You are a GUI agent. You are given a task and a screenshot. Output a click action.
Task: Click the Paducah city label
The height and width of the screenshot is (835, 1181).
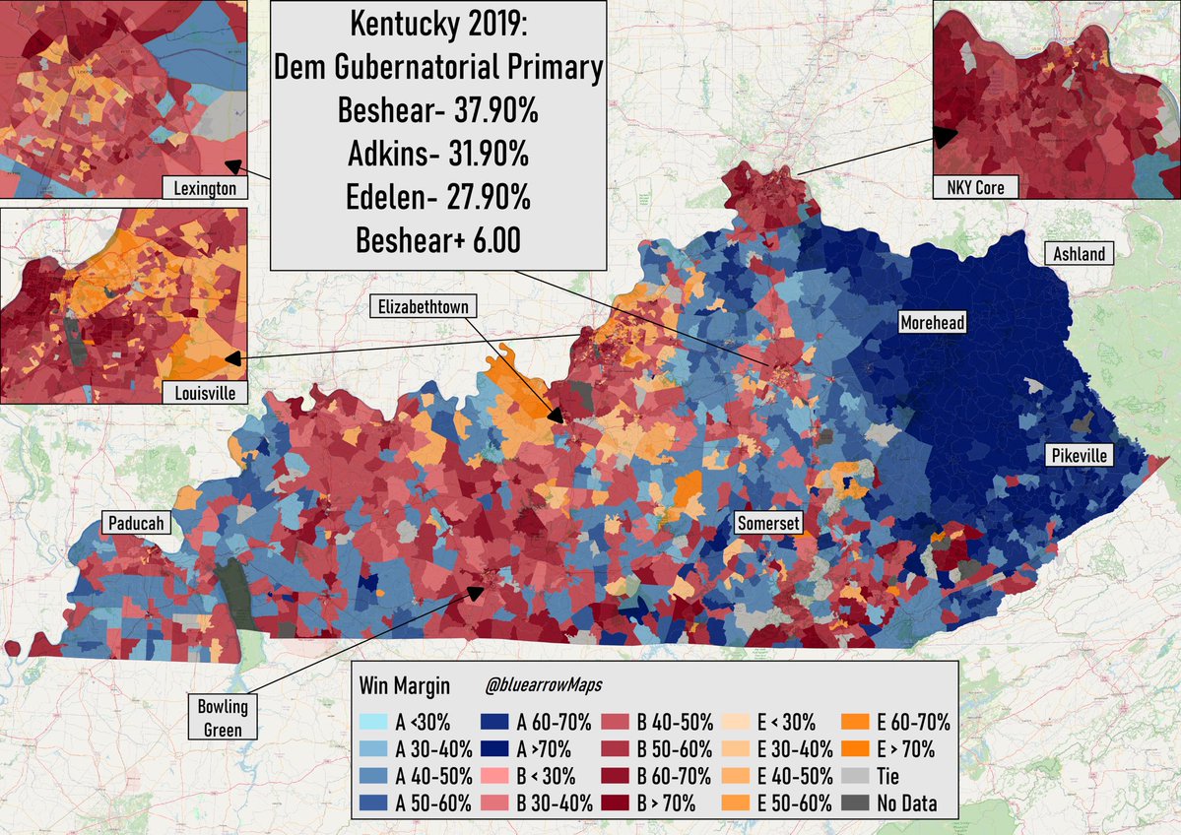(136, 523)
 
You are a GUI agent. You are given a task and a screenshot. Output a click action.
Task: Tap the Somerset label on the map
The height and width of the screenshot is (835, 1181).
(768, 523)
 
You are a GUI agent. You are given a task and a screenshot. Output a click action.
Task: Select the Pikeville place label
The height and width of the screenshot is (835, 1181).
(1079, 455)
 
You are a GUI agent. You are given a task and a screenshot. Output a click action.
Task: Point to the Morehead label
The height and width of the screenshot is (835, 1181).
(933, 322)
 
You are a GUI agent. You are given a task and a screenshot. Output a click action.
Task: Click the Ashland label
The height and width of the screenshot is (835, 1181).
(1079, 254)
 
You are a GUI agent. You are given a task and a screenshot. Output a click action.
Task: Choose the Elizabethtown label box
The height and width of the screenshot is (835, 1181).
(424, 306)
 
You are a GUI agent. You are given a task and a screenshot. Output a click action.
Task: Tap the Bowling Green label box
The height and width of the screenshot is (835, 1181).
(223, 718)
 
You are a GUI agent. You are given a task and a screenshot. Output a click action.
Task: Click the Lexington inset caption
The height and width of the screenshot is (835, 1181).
(205, 188)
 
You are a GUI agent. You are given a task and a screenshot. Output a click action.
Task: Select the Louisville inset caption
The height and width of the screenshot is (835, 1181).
(205, 392)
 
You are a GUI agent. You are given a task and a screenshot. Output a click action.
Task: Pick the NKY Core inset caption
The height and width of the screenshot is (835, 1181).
(975, 187)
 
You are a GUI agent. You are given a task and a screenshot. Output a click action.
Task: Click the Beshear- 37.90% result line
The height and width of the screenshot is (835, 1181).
(437, 110)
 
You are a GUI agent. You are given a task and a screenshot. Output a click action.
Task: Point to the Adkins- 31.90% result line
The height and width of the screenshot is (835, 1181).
(437, 154)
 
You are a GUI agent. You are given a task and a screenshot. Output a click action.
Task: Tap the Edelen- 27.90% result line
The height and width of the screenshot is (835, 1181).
(437, 197)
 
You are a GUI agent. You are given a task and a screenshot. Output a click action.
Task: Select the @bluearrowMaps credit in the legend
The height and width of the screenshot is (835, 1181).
(544, 685)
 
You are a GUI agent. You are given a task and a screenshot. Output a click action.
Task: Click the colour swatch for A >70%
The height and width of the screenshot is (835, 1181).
(494, 749)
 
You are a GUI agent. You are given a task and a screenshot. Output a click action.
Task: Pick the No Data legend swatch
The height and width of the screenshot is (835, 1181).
(855, 803)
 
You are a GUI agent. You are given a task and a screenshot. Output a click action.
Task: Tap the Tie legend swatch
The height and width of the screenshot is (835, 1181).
(855, 776)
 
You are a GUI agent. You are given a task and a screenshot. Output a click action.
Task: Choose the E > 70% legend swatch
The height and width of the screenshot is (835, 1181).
(855, 749)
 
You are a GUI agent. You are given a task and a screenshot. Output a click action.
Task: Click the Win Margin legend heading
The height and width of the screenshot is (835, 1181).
(405, 686)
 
